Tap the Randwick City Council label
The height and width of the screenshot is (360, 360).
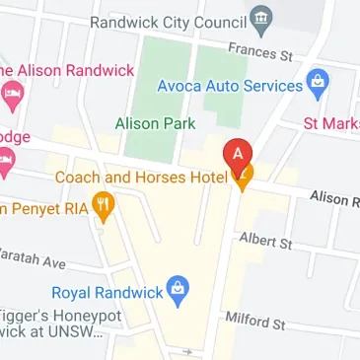pyautogui.click(x=168, y=21)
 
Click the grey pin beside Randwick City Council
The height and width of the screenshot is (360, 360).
pyautogui.click(x=260, y=18)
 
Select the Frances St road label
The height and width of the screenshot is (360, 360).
pyautogui.click(x=260, y=50)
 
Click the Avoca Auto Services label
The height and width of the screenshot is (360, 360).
pyautogui.click(x=230, y=86)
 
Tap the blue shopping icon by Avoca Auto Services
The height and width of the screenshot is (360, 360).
pyautogui.click(x=318, y=85)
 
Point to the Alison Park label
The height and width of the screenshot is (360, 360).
pyautogui.click(x=155, y=123)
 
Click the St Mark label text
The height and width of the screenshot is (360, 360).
pyautogui.click(x=330, y=123)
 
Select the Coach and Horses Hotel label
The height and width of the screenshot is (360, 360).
pyautogui.click(x=141, y=178)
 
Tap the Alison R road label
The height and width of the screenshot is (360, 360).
pyautogui.click(x=333, y=198)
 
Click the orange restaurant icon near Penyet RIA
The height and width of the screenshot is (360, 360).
pyautogui.click(x=105, y=207)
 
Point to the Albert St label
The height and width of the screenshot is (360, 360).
pyautogui.click(x=264, y=240)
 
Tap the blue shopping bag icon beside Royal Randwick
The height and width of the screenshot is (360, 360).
pyautogui.click(x=178, y=290)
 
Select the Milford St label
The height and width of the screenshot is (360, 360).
pyautogui.click(x=255, y=322)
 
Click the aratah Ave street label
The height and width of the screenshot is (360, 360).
pyautogui.click(x=32, y=257)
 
